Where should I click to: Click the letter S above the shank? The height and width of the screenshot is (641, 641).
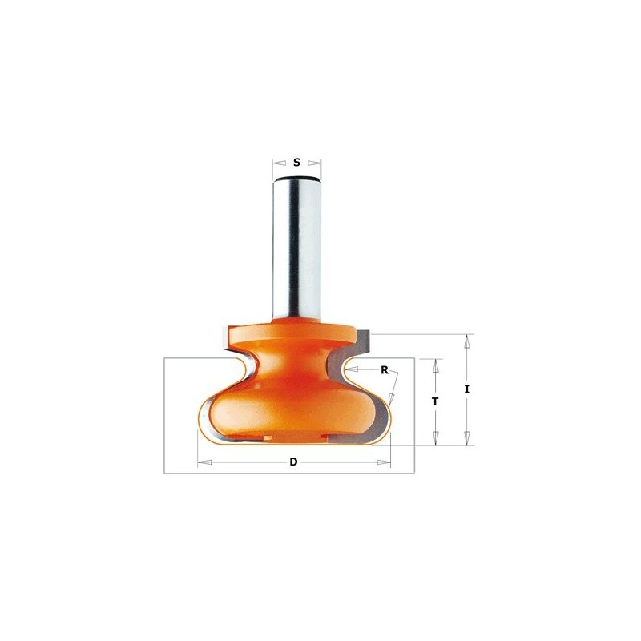296,163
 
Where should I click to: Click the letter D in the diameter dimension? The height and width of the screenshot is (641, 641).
293,462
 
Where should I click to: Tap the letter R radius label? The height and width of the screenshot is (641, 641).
385,370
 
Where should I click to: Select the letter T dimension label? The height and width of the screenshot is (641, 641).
435,402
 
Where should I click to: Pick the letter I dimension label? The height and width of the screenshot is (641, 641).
466,389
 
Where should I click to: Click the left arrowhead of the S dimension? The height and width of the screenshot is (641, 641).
279,163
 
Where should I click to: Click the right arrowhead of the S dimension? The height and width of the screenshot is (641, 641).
314,163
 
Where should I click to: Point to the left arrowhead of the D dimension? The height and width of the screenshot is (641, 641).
204,462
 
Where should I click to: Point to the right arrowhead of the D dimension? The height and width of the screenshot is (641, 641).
384,462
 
